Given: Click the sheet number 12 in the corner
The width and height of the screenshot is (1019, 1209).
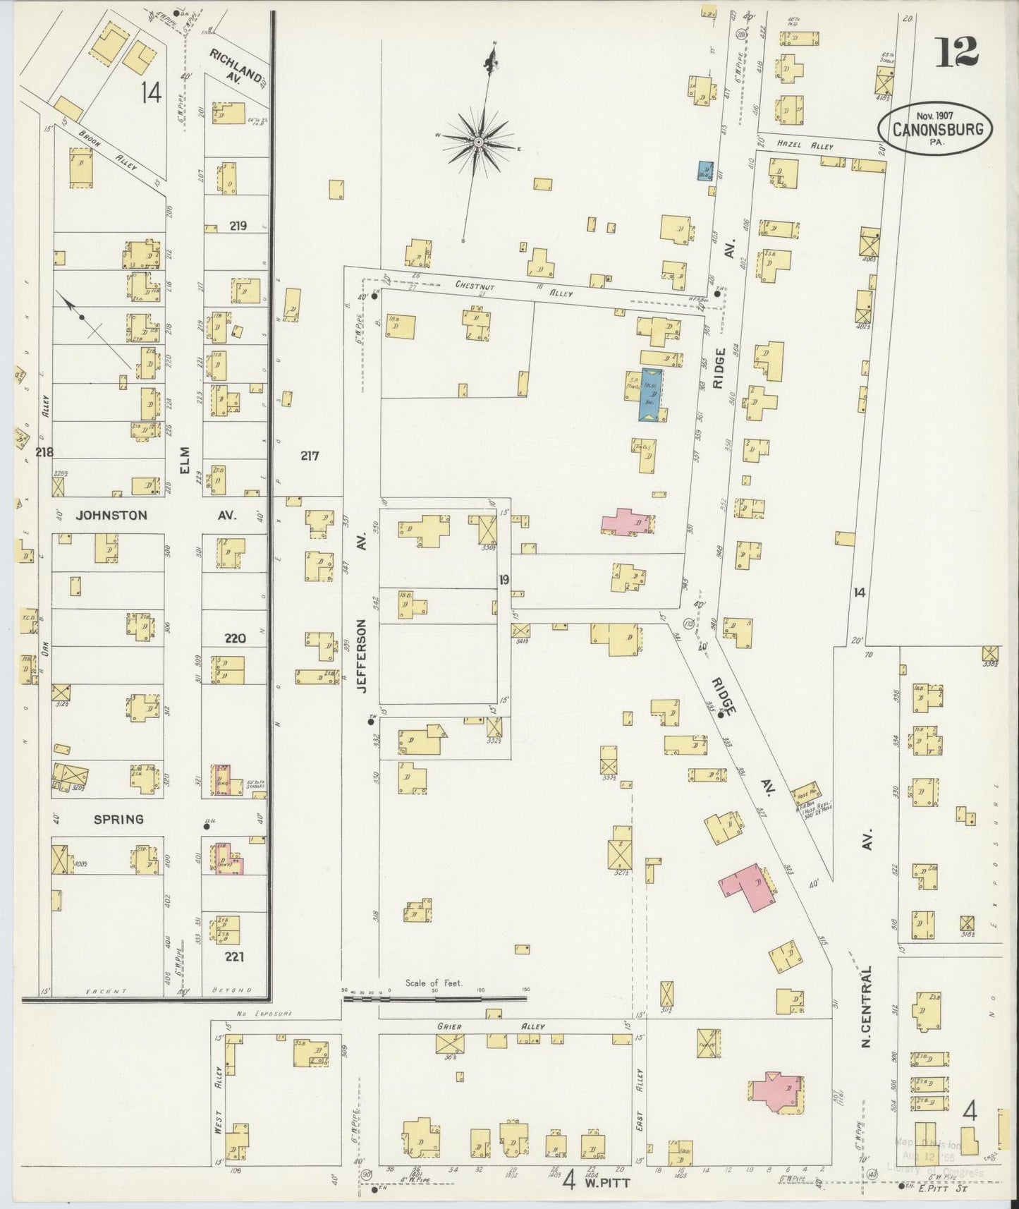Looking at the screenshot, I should pyautogui.click(x=957, y=51).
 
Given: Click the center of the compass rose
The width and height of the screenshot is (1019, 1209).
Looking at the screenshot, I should pyautogui.click(x=479, y=142).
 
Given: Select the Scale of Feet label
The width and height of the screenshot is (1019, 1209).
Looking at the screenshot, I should pyautogui.click(x=433, y=983).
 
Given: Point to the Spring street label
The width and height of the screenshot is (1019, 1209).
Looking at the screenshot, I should pyautogui.click(x=119, y=819).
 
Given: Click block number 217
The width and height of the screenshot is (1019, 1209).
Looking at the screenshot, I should pyautogui.click(x=310, y=456).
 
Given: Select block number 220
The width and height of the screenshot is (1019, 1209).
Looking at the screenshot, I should pyautogui.click(x=235, y=638).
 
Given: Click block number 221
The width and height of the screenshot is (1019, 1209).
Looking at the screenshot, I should pyautogui.click(x=235, y=957).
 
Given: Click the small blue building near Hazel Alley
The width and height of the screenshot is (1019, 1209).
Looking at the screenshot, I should pyautogui.click(x=704, y=171).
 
